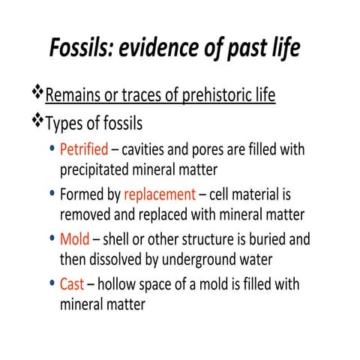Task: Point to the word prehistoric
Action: (x=197, y=96)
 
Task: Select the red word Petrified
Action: (x=83, y=149)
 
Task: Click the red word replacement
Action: (x=159, y=195)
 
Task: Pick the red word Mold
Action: (x=75, y=241)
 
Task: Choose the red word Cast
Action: (x=73, y=286)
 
